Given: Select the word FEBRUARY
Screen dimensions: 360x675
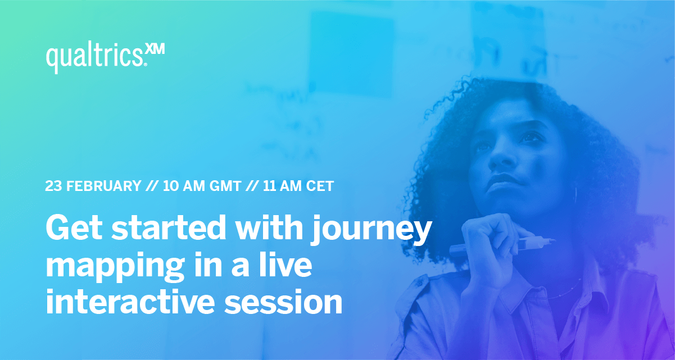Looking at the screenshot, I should pos(103,186).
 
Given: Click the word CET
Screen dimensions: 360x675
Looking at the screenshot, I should pos(319,186).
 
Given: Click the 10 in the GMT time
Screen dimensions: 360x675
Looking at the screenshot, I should pos(170,186).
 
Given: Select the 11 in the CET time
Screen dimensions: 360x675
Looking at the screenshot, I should pos(269,186).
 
